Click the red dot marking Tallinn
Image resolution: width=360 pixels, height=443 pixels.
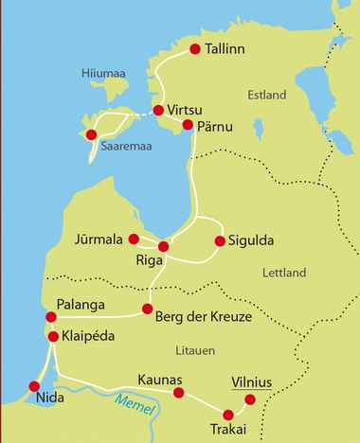[195, 49]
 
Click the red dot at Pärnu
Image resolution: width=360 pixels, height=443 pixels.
[188, 125]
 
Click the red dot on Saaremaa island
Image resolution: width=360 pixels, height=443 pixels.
[91, 134]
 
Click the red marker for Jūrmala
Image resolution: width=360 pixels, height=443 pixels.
[134, 239]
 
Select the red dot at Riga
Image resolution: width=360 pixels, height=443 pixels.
[163, 246]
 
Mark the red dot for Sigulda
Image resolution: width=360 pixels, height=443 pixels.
[220, 240]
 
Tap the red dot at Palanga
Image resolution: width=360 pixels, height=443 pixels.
[50, 317]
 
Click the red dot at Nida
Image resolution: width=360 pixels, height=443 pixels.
[35, 386]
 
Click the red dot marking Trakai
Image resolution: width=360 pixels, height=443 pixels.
[227, 414]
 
